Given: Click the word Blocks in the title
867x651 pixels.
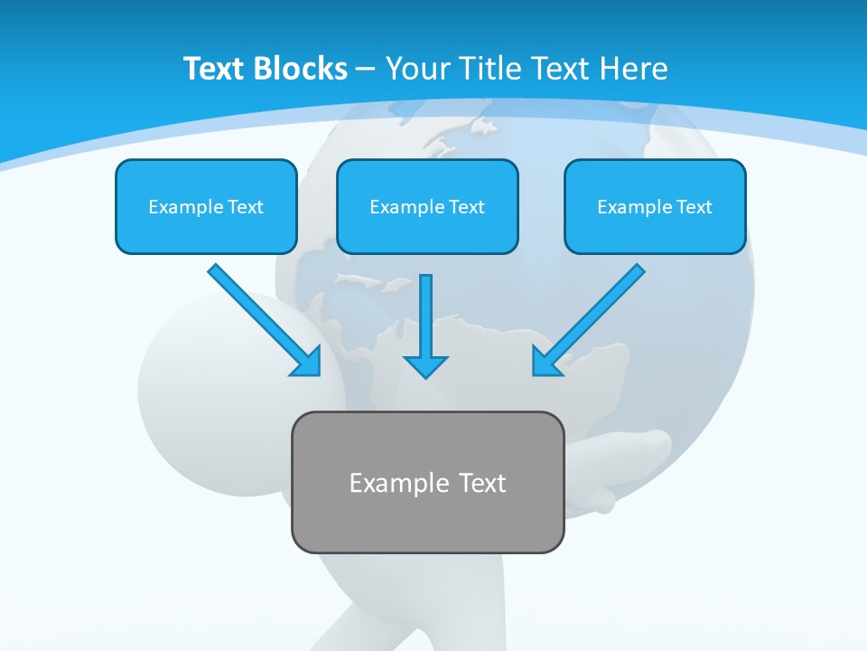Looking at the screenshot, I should point(302,68).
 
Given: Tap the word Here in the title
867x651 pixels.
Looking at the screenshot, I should point(633,68).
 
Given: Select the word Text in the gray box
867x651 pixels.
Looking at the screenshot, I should point(482,483).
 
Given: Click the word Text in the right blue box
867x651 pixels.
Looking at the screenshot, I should point(694,207).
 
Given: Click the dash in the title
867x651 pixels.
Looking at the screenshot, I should point(366,69).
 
